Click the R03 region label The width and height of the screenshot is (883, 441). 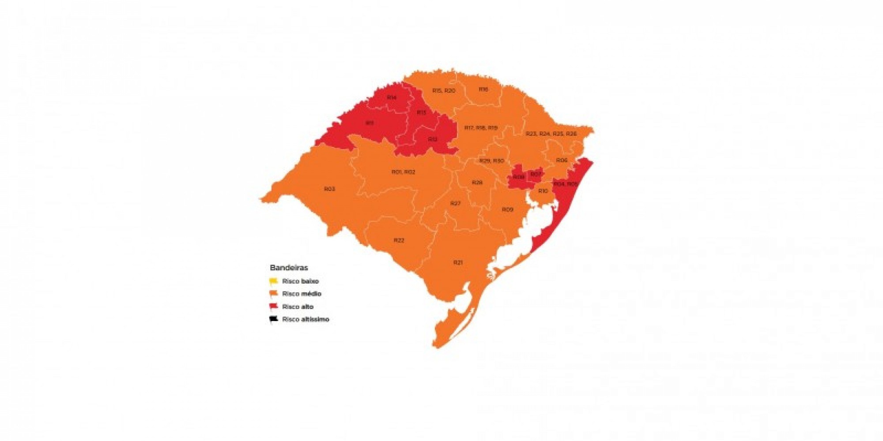pyautogui.click(x=329, y=189)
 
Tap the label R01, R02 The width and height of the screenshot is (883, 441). pyautogui.click(x=403, y=172)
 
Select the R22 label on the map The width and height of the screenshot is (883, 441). pyautogui.click(x=399, y=240)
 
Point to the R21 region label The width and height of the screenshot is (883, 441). pyautogui.click(x=458, y=262)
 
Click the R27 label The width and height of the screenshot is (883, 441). pyautogui.click(x=455, y=203)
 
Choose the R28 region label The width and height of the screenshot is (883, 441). pyautogui.click(x=477, y=183)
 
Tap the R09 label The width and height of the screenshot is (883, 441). pyautogui.click(x=507, y=209)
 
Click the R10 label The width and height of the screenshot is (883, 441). pyautogui.click(x=543, y=191)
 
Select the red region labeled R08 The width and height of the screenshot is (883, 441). pyautogui.click(x=518, y=177)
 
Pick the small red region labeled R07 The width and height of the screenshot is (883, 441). pyautogui.click(x=535, y=174)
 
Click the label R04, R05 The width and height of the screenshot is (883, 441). pyautogui.click(x=565, y=184)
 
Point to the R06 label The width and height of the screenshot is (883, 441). pyautogui.click(x=561, y=160)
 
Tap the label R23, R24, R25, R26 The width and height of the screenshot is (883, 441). pyautogui.click(x=551, y=134)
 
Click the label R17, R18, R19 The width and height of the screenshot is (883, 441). pyautogui.click(x=480, y=128)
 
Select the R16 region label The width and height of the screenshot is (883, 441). pyautogui.click(x=483, y=90)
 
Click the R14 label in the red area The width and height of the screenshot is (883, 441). pyautogui.click(x=391, y=97)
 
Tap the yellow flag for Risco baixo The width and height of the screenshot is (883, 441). pyautogui.click(x=274, y=281)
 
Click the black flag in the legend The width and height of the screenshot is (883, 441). pyautogui.click(x=274, y=319)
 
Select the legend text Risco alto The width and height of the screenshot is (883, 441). pyautogui.click(x=298, y=306)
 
